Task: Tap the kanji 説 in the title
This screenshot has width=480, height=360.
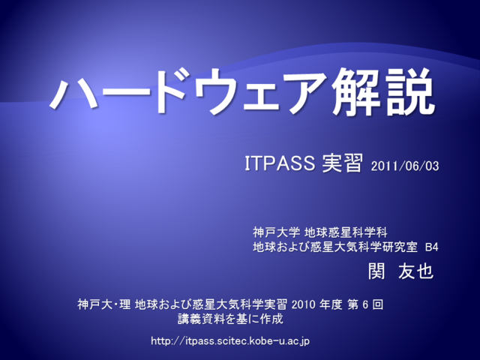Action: (x=410, y=91)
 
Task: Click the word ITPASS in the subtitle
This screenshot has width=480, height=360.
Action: (x=280, y=163)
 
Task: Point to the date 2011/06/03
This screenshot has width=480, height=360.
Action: (x=405, y=166)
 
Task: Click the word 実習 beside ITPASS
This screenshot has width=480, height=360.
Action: (x=342, y=163)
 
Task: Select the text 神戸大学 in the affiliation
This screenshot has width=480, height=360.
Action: (x=277, y=232)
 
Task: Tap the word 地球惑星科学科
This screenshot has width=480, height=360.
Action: (x=346, y=232)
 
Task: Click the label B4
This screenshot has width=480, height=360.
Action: (x=432, y=247)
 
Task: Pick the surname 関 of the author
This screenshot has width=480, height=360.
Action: (x=376, y=271)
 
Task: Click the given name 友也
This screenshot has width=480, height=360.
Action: (x=416, y=271)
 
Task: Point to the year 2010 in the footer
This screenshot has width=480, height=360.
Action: (x=303, y=304)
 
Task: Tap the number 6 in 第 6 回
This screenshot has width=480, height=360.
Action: (x=365, y=304)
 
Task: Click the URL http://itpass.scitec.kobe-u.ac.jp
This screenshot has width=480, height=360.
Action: (x=230, y=341)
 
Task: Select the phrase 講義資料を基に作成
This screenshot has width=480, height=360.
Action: (x=230, y=319)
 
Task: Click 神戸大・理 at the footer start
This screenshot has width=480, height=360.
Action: (x=104, y=304)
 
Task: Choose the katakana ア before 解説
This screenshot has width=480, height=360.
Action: (x=306, y=93)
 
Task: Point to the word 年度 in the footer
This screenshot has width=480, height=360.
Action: (x=331, y=304)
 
